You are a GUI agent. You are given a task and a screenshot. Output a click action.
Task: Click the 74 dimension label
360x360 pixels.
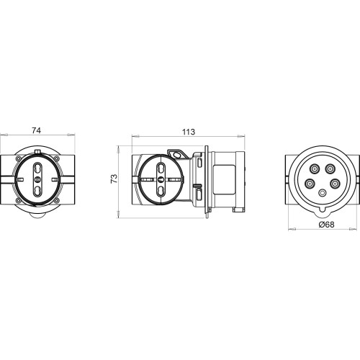click(x=37, y=130)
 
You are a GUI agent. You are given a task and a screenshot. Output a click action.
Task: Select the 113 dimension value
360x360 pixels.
click(x=189, y=132)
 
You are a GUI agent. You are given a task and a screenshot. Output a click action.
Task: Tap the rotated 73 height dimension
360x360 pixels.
click(x=114, y=179)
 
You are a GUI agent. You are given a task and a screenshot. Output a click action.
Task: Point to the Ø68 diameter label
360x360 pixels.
click(x=326, y=225)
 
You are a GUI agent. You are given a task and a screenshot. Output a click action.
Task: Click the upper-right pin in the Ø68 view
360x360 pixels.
click(x=330, y=169)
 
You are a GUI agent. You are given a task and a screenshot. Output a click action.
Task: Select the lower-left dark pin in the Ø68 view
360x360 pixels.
click(x=310, y=184)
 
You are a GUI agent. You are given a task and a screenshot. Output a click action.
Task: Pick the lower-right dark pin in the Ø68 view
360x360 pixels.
click(x=335, y=184)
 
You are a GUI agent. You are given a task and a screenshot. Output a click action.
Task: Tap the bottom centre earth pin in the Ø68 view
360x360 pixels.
click(x=323, y=193)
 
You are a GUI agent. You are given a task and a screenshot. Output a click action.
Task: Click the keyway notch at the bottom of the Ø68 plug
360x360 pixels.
click(x=323, y=210)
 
